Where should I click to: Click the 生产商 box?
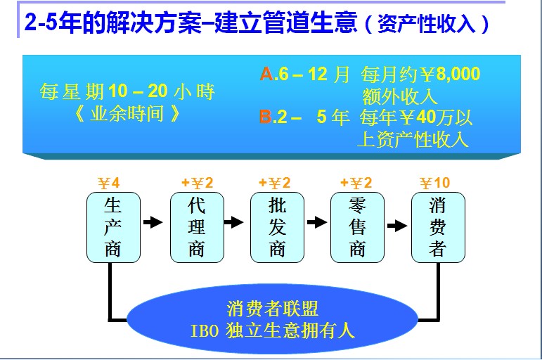113,227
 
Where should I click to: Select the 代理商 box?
197,227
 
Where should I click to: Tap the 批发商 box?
277,227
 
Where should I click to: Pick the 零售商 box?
357,227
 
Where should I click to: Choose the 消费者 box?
438,227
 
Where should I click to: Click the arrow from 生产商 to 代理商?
153,222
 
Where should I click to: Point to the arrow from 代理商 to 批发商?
233,222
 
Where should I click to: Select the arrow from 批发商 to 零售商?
317,222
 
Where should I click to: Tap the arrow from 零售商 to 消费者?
397,226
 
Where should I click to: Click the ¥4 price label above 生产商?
108,183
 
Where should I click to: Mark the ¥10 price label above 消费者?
435,183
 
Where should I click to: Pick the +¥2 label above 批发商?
275,183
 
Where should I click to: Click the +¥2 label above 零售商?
356,183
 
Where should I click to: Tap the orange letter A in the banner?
266,74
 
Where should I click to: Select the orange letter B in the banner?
266,117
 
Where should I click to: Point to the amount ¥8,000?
450,74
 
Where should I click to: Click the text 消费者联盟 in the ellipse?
272,309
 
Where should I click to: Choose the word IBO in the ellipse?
205,330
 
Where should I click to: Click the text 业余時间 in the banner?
127,113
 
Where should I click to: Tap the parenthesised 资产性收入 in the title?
427,23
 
